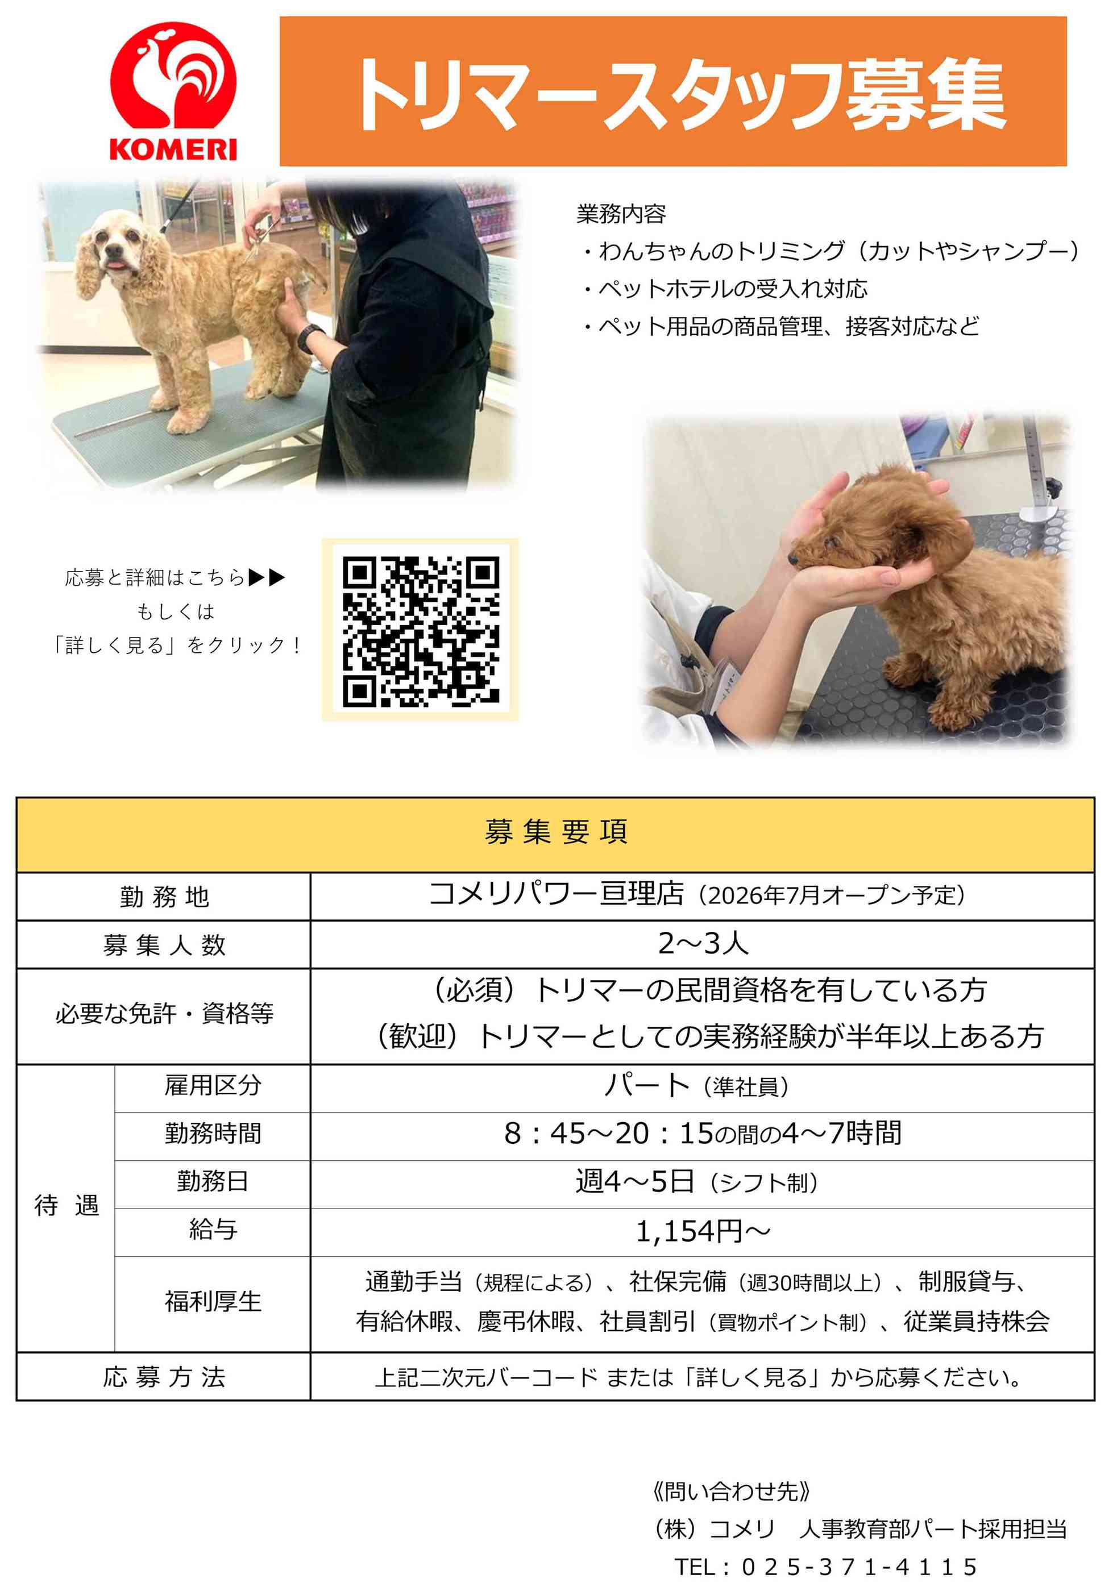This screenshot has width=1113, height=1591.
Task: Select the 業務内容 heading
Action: click(x=621, y=214)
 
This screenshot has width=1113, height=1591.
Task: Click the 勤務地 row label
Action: click(x=164, y=897)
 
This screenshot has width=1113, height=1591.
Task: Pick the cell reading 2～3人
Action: click(x=703, y=944)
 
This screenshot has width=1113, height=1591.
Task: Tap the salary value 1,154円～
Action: click(x=703, y=1231)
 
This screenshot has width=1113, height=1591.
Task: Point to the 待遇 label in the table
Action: click(x=67, y=1206)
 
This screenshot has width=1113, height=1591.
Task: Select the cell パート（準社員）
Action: click(x=697, y=1085)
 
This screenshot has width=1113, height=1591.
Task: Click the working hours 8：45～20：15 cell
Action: click(x=703, y=1134)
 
